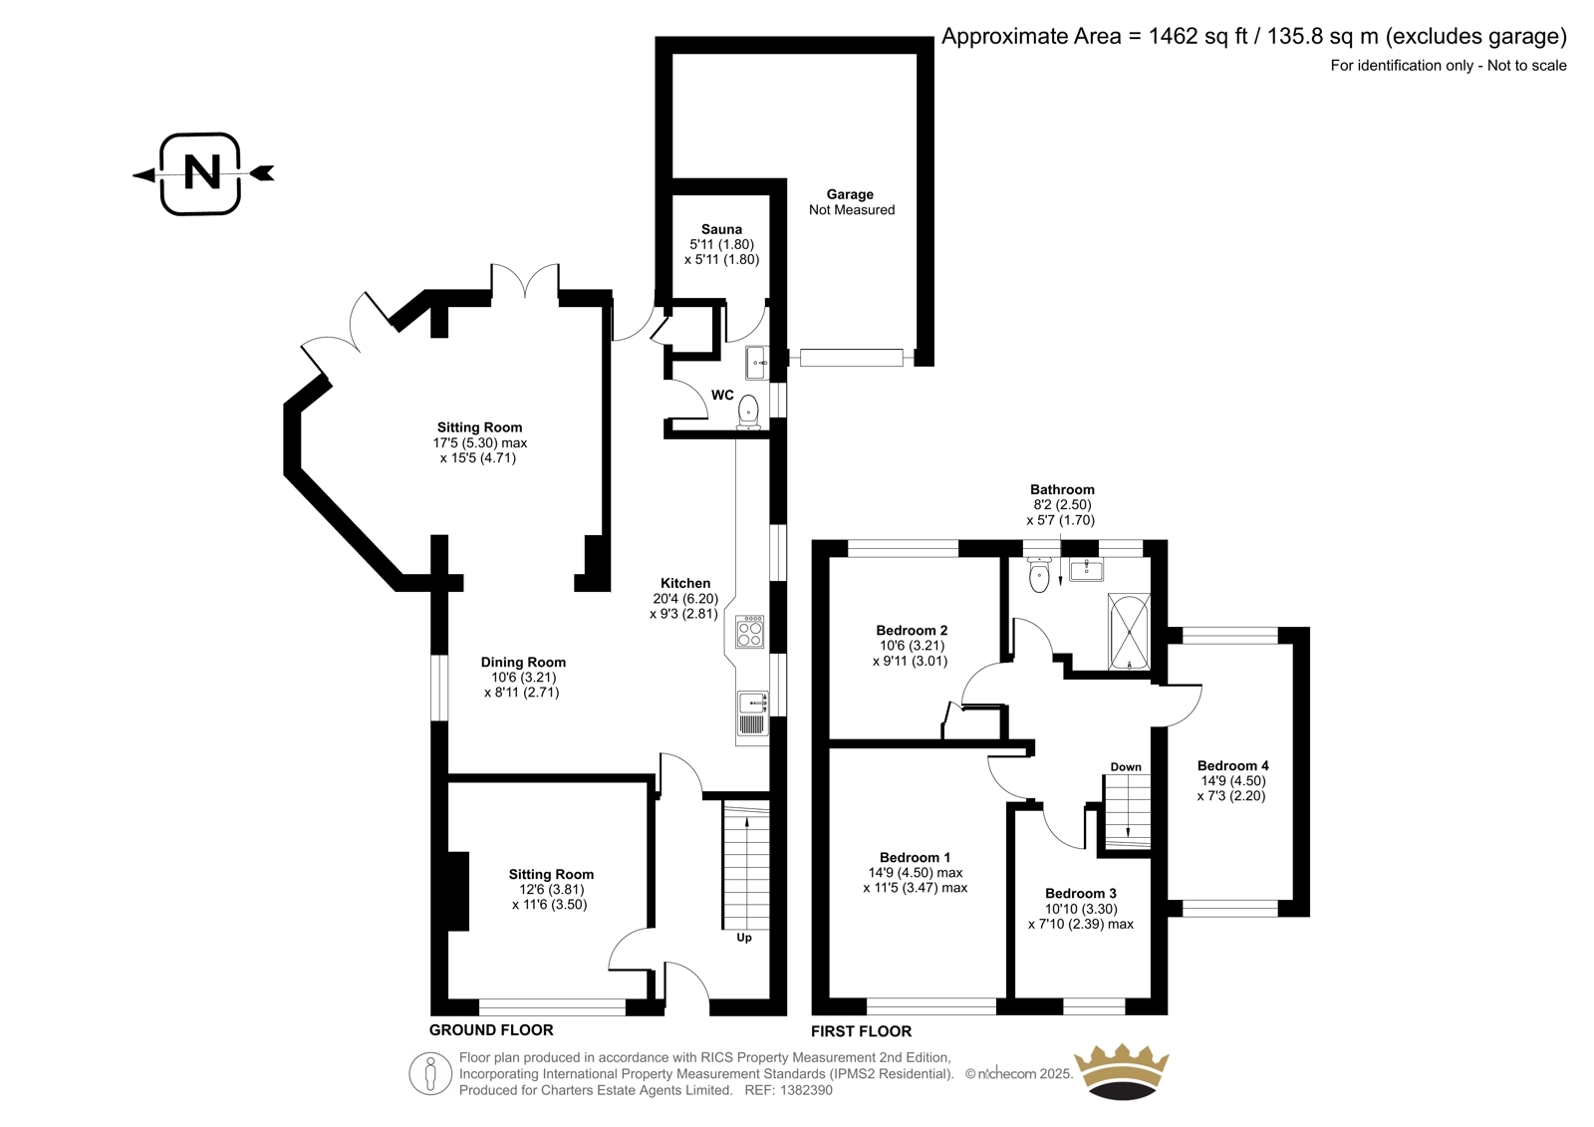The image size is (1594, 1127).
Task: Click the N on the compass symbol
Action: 202,173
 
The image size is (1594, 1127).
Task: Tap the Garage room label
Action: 850,194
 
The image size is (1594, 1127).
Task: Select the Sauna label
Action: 721,229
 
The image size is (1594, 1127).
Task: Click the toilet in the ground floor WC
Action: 748,413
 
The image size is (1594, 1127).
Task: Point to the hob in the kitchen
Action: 749,632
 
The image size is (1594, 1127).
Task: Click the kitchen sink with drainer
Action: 752,713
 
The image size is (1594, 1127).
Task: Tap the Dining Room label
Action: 523,662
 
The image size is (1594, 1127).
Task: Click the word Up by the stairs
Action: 743,938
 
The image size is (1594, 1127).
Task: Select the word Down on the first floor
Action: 1126,766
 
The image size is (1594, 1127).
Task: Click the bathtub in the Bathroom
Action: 1129,632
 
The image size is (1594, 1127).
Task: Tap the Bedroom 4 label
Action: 1232,766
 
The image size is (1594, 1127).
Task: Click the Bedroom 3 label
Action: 1080,894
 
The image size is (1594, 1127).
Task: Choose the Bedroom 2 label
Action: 912,630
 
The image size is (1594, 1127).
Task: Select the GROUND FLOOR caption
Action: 491,1029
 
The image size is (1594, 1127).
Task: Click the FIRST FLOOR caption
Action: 861,1031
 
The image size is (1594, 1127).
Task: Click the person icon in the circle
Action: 429,1073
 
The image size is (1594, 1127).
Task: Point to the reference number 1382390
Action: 805,1090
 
